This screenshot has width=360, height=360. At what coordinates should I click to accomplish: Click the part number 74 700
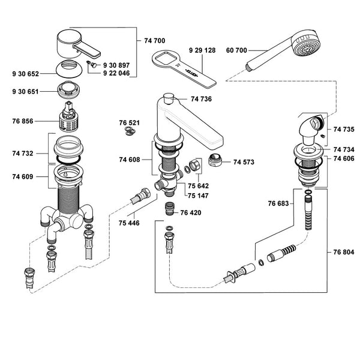click(155, 41)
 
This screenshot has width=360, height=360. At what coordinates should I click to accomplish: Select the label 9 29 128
click(202, 50)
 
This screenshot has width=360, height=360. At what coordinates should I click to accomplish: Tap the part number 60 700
click(236, 50)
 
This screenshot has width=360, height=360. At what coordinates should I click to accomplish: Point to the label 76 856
click(23, 121)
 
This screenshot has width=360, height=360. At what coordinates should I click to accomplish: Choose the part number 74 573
click(244, 162)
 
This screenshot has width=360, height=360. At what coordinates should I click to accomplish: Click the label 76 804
click(344, 252)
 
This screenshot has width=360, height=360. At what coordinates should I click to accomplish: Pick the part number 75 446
click(129, 223)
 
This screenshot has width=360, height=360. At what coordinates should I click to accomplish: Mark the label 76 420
click(191, 212)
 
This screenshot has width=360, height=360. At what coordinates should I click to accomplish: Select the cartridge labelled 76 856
click(69, 117)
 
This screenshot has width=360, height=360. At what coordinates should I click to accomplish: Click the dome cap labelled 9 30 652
click(69, 68)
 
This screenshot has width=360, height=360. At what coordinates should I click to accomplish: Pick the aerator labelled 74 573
click(215, 160)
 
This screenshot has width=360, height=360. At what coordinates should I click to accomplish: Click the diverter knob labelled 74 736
click(169, 98)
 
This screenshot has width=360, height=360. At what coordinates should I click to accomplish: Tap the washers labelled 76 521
click(130, 131)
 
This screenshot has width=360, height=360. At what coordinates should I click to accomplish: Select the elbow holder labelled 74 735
click(311, 129)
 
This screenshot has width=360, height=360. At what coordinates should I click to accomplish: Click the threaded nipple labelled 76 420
click(170, 209)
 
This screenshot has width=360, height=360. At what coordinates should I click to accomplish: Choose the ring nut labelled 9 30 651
click(69, 90)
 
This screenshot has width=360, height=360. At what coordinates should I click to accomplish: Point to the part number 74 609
click(23, 176)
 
